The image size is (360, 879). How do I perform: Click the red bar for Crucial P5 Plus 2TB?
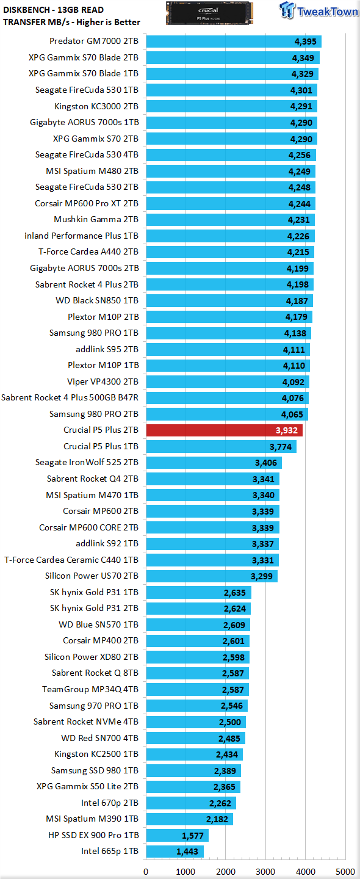[x=225, y=430]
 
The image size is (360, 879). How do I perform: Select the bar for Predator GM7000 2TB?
[x=234, y=42]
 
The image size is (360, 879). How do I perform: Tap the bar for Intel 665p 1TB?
[x=175, y=851]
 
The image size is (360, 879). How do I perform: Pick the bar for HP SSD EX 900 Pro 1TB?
[x=178, y=835]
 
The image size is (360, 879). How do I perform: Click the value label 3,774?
[x=281, y=447]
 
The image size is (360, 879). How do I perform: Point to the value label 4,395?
[x=306, y=42]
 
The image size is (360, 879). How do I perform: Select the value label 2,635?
[x=234, y=593]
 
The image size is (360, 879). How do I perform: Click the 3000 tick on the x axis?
[x=265, y=872]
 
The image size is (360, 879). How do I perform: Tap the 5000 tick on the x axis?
[x=345, y=872]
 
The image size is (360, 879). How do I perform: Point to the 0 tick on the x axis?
[x=146, y=872]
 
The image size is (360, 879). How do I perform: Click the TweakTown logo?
[x=318, y=10]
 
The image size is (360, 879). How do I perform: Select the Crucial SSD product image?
[x=209, y=13]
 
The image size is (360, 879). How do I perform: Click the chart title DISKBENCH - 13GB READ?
[x=53, y=10]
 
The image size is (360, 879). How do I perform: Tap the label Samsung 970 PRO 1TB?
[x=94, y=706]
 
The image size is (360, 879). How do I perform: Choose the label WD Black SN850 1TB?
[x=97, y=300]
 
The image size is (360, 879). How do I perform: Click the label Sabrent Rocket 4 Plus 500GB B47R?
[x=70, y=397]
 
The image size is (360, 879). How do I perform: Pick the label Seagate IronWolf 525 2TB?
[x=87, y=462]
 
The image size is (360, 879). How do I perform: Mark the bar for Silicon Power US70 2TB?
[x=212, y=576]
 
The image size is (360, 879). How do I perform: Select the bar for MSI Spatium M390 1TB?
[x=189, y=819]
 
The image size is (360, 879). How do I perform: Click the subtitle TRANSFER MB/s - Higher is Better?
[x=71, y=22]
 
